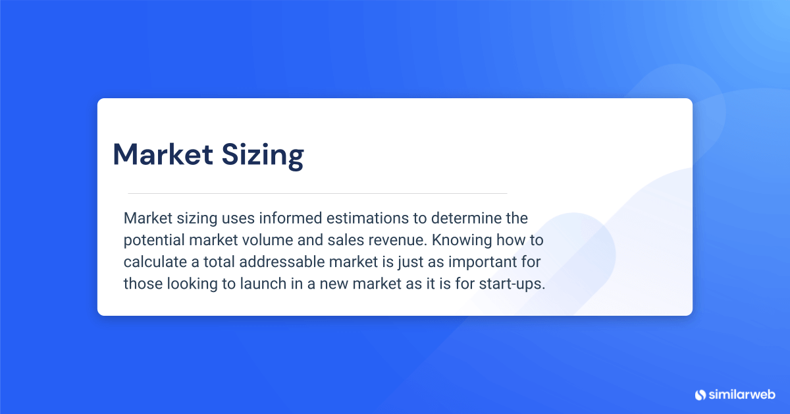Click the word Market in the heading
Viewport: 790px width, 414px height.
tap(163, 154)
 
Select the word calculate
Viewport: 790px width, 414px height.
tap(153, 262)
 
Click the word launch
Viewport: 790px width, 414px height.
tap(273, 283)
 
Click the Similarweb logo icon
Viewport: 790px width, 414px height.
tap(700, 394)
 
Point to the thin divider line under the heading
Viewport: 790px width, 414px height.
tap(317, 193)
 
